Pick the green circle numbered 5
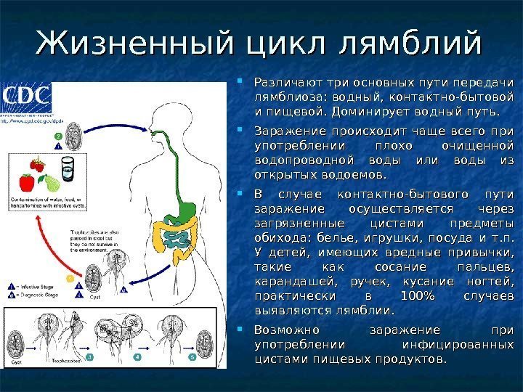[x=192, y=357]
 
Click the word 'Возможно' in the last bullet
[x=288, y=330]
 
